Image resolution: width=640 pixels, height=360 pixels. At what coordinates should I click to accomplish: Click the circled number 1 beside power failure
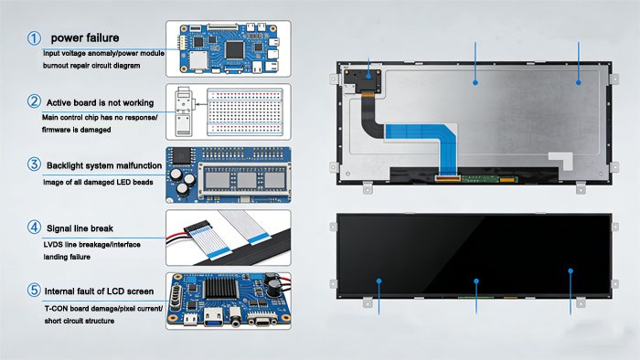point(34,38)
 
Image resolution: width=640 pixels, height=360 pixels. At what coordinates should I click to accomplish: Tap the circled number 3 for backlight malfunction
point(34,164)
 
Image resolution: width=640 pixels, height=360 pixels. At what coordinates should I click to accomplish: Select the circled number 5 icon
point(34,291)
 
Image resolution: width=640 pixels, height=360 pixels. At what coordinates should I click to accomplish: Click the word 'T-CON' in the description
point(57,308)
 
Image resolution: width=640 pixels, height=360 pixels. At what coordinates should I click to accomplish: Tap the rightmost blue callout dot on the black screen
point(571,271)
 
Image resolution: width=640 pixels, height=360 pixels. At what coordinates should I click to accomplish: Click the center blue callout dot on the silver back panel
point(475,81)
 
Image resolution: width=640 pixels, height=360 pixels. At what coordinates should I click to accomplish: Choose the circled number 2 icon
point(34,101)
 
